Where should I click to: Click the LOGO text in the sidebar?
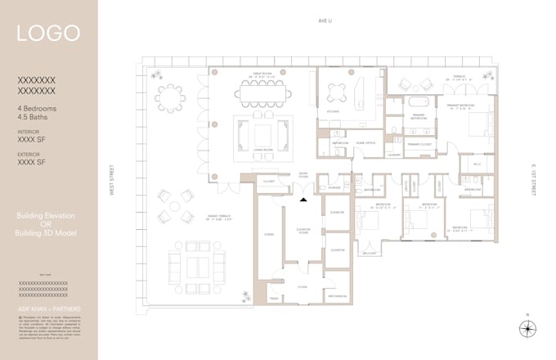(x=49, y=34)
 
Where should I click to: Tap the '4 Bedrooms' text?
(x=40, y=109)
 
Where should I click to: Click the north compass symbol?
(x=527, y=329)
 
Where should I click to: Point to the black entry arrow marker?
(x=304, y=199)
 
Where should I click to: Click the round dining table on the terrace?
(x=170, y=99)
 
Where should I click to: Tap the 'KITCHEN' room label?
(x=334, y=111)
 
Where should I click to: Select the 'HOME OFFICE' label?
(x=365, y=142)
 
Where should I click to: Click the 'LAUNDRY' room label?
(x=393, y=154)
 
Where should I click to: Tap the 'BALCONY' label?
(x=369, y=254)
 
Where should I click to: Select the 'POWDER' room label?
(x=334, y=187)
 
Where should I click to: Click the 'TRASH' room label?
(x=276, y=299)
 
